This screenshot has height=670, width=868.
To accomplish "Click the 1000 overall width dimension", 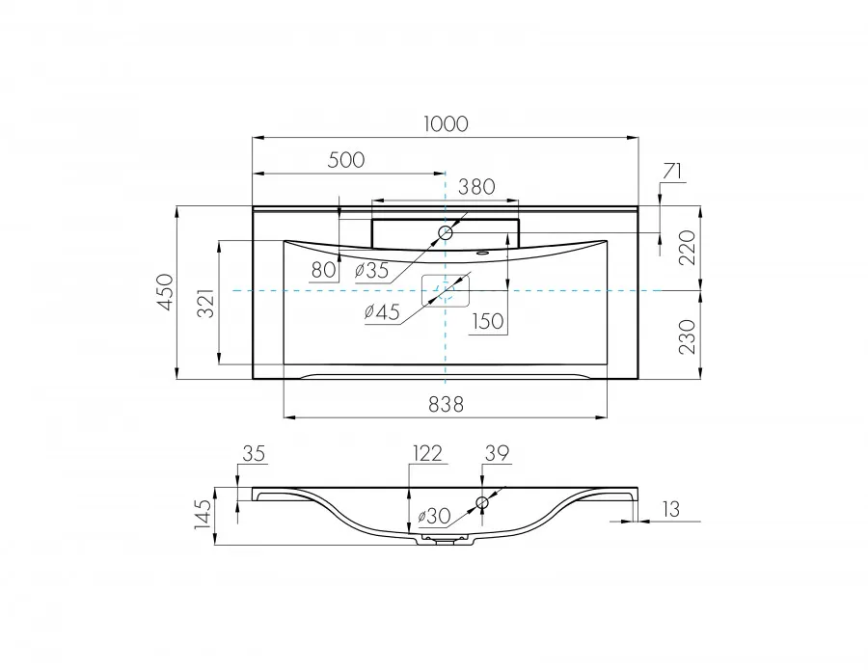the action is [x=446, y=124].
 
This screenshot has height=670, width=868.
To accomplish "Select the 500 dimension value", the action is [x=346, y=160].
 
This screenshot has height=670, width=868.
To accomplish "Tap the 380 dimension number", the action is [x=476, y=187].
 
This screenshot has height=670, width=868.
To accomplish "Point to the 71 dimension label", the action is [x=672, y=172].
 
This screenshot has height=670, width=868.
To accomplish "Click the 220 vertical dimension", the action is [x=687, y=248].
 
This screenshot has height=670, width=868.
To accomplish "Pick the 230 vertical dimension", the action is [x=687, y=336].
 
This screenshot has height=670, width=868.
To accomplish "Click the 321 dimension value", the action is [x=206, y=303].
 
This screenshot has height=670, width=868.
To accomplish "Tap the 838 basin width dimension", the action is [x=446, y=405].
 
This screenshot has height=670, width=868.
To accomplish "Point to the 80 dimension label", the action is [x=324, y=270].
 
